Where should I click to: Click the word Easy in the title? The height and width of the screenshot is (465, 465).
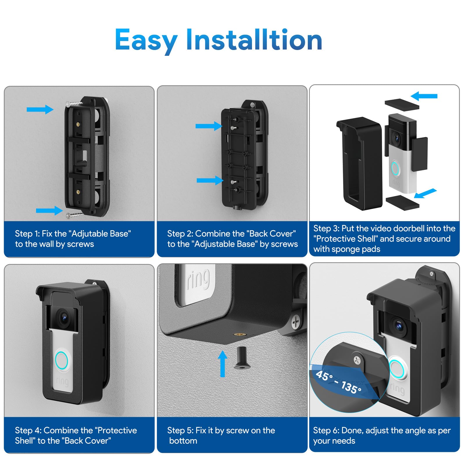tap(146, 40)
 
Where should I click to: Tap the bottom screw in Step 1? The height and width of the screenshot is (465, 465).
tap(75, 215)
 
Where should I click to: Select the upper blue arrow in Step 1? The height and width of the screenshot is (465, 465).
tap(40, 110)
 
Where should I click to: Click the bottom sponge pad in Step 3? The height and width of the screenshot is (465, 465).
tap(402, 201)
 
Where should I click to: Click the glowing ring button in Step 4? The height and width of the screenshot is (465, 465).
tap(62, 360)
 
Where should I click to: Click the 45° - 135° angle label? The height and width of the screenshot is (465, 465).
tap(339, 382)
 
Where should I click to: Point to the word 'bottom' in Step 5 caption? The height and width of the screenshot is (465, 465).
tap(183, 441)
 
